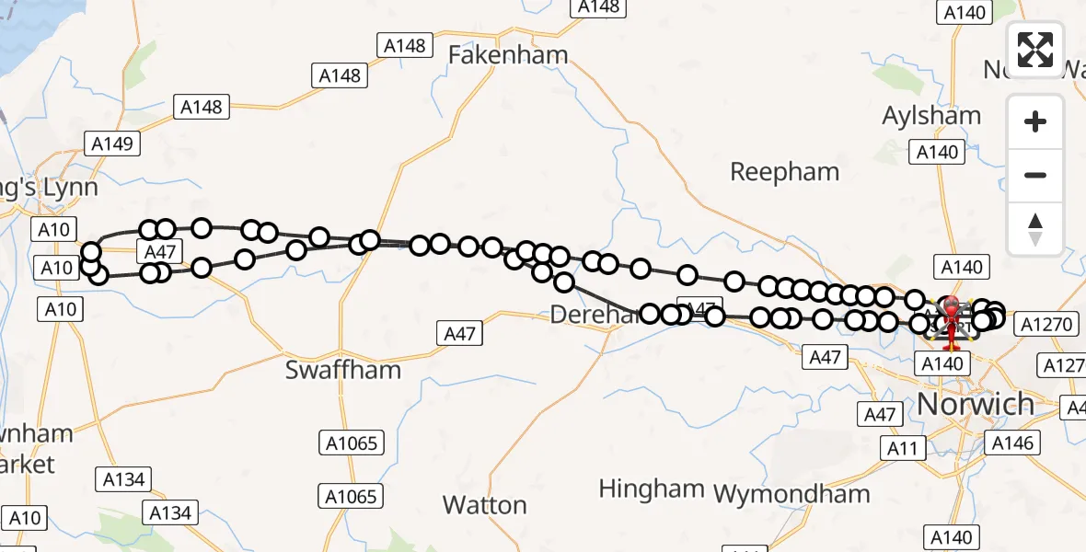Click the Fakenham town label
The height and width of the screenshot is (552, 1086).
(x=508, y=55)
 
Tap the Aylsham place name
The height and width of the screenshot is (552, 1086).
(x=931, y=116)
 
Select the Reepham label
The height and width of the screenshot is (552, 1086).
(x=784, y=172)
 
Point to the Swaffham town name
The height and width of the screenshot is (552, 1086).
(x=343, y=370)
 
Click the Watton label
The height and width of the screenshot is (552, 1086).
(x=484, y=505)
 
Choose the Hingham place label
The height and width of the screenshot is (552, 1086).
(x=651, y=489)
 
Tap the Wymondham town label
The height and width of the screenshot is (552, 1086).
(x=791, y=494)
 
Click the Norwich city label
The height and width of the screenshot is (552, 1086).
(x=976, y=404)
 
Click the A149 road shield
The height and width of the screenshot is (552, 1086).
(x=112, y=144)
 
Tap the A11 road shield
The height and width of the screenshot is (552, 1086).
(x=902, y=448)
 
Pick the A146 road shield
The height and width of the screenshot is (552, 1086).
(x=1012, y=443)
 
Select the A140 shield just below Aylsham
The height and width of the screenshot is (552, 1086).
(x=937, y=152)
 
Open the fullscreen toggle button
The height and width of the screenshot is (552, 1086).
(x=1035, y=50)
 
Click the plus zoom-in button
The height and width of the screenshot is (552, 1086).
(x=1035, y=121)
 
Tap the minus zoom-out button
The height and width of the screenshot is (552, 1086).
(x=1035, y=175)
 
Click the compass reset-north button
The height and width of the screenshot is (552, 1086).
(x=1035, y=228)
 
